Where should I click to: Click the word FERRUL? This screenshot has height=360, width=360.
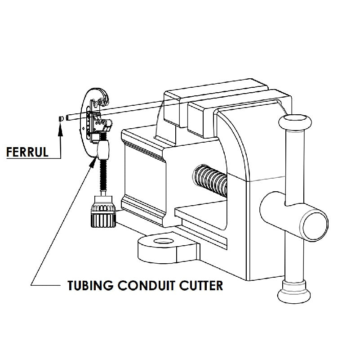27,152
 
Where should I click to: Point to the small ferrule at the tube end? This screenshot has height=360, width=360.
60,118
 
